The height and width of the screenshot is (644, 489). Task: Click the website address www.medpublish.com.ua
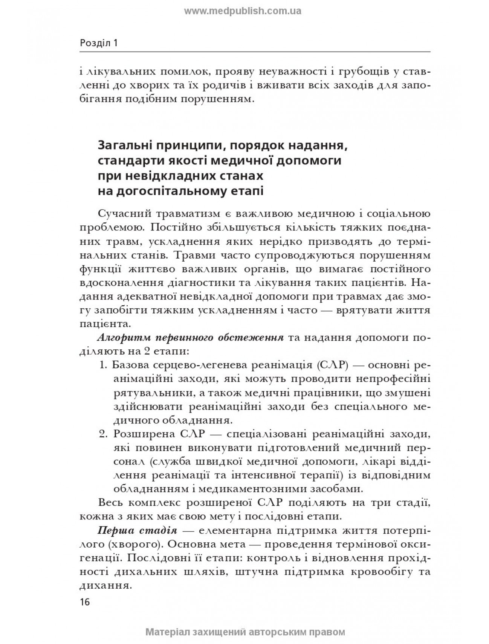coord(243,11)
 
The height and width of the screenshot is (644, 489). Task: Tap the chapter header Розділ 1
coord(99,43)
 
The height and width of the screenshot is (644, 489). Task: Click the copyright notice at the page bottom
coord(245,631)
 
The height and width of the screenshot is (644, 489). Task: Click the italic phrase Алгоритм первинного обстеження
coord(190,337)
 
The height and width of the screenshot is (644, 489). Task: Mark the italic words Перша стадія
coord(137,531)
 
